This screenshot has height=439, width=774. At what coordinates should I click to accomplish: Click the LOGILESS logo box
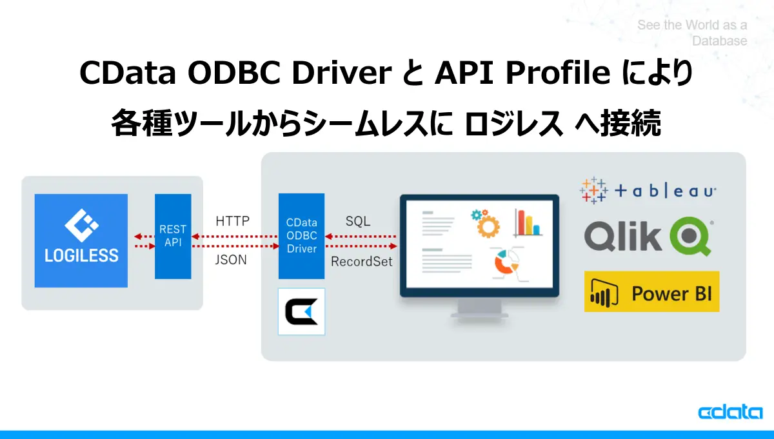click(81, 240)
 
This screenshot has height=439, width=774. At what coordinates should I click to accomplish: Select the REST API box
click(173, 237)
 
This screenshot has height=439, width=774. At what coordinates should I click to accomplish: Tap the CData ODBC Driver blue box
click(301, 236)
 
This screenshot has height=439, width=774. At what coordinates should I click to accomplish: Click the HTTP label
click(232, 221)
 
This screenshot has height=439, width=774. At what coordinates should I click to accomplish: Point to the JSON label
click(231, 260)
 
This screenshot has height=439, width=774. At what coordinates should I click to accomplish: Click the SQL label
click(358, 221)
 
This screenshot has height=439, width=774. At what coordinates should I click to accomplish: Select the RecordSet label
click(361, 262)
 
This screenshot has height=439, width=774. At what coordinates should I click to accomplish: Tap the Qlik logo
click(648, 237)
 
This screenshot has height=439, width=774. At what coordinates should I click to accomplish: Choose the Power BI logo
click(651, 292)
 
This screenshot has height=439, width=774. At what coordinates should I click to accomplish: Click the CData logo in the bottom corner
click(730, 413)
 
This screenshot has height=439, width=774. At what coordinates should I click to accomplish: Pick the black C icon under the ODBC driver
click(301, 312)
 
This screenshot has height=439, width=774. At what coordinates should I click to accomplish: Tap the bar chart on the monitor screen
click(527, 222)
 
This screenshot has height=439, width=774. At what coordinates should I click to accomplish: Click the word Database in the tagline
click(719, 41)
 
